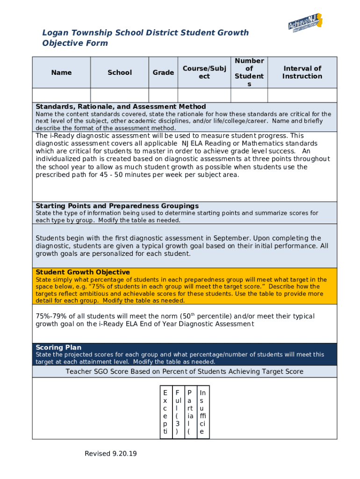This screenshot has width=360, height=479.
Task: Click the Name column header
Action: pos(61,73)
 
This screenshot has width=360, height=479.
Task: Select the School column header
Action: pos(120,73)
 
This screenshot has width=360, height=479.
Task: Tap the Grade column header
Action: pos(163,73)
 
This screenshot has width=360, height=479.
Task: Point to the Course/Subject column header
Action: pos(204,73)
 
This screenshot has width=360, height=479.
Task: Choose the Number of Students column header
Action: pos(249,73)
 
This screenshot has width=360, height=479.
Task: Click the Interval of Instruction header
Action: pos(302,73)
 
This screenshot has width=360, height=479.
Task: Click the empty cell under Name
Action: pos(61,95)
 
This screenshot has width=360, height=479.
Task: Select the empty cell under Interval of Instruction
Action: pos(302,95)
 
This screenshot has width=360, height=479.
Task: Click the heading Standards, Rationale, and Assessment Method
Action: pos(121,107)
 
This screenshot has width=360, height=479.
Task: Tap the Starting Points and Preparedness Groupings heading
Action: pos(117,206)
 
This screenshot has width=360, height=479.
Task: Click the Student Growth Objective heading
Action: pos(83,272)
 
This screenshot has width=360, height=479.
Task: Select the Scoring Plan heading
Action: pos(58,348)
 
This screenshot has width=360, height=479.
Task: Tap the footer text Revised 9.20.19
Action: pos(111,454)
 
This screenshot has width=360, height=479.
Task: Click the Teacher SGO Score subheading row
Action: pos(184,371)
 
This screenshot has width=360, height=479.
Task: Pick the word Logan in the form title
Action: pos(54,33)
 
